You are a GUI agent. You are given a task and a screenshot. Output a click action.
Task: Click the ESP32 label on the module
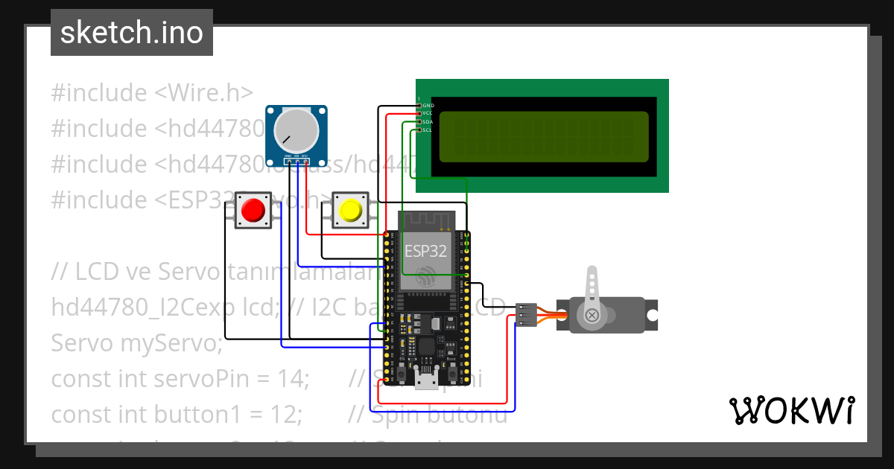pyautogui.click(x=425, y=251)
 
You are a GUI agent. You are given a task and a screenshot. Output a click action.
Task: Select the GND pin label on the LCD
pyautogui.click(x=428, y=106)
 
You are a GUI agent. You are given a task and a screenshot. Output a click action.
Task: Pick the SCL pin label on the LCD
pyautogui.click(x=427, y=130)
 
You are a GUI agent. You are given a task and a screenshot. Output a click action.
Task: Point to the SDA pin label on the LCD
pyautogui.click(x=427, y=122)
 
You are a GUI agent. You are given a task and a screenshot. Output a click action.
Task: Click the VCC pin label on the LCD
pyautogui.click(x=427, y=114)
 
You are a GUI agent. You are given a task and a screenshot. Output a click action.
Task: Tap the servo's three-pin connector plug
pyautogui.click(x=526, y=315)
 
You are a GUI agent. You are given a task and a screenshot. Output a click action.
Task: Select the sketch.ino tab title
pyautogui.click(x=132, y=33)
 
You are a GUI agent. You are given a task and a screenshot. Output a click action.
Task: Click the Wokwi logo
pyautogui.click(x=791, y=410)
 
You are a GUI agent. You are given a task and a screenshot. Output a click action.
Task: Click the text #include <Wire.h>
pyautogui.click(x=152, y=93)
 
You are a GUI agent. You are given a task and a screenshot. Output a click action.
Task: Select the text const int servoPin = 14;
pyautogui.click(x=180, y=379)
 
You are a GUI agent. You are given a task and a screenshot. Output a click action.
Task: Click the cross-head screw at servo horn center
pyautogui.click(x=592, y=316)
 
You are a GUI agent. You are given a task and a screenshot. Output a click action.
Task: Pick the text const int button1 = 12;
pyautogui.click(x=176, y=414)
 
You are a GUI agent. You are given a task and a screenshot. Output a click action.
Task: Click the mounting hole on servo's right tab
pyautogui.click(x=651, y=315)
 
